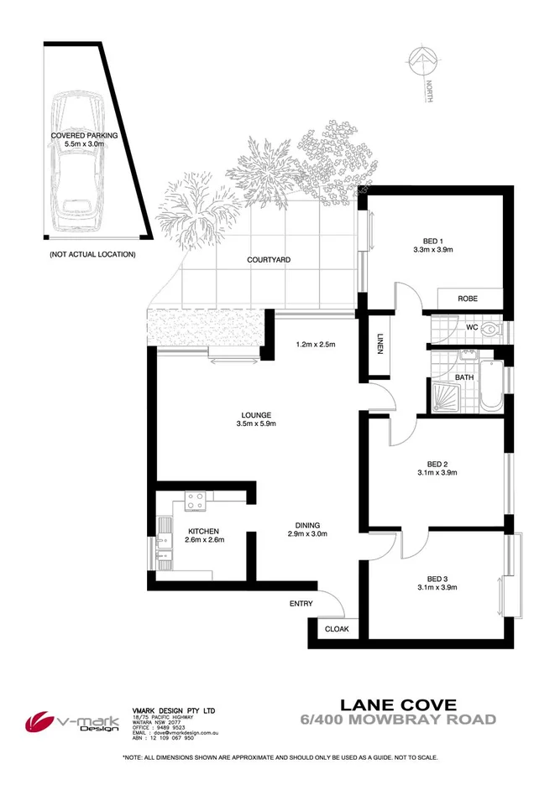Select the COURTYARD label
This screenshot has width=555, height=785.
pos(269,260)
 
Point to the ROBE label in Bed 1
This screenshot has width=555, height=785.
pos(468,299)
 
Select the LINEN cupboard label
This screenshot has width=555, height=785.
pos(379,345)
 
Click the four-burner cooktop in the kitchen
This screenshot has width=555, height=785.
pos(196,502)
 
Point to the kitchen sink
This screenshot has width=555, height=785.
pos(161,548)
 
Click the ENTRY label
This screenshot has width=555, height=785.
pos(301,604)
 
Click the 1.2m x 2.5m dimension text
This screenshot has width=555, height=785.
pos(317,343)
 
